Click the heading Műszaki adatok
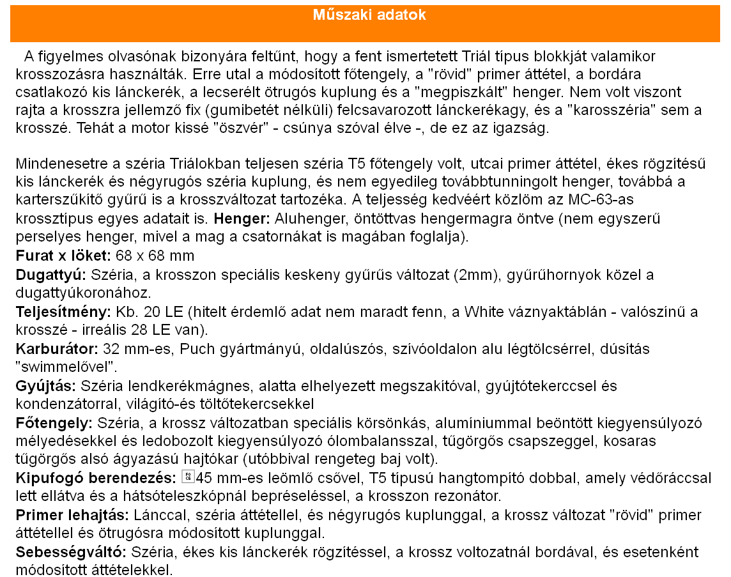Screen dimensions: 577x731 (369, 15)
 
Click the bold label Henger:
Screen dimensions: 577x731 (242, 219)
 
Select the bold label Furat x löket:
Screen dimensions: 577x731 (62, 256)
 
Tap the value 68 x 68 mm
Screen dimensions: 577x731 (154, 256)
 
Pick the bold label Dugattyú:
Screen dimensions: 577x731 (51, 275)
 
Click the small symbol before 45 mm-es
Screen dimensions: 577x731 (188, 477)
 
